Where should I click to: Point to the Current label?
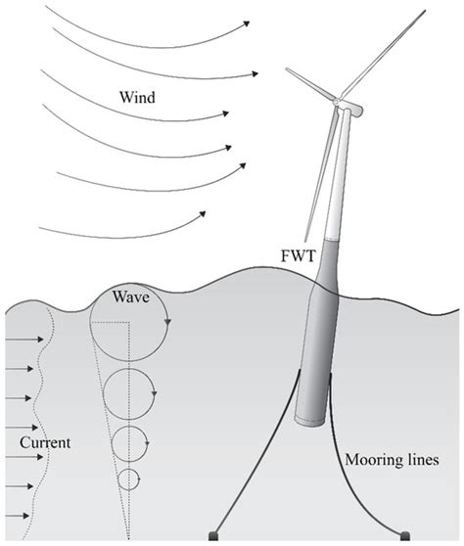click(44, 443)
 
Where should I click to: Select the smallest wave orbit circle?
click(129, 478)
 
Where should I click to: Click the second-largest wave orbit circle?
click(129, 391)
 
